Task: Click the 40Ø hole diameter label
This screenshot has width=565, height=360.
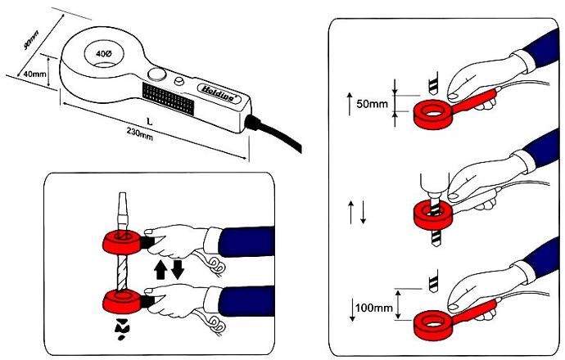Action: (x=104, y=52)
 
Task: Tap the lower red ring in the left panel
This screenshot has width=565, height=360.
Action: (x=122, y=299)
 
